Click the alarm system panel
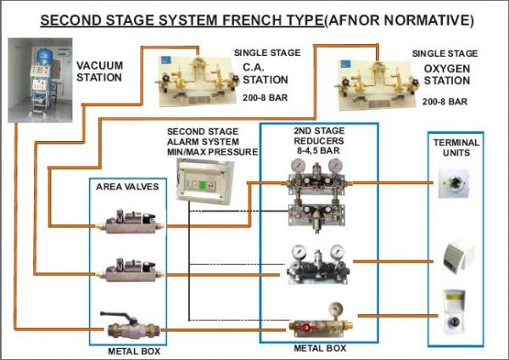(x=202, y=178)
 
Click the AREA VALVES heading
(x=128, y=187)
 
